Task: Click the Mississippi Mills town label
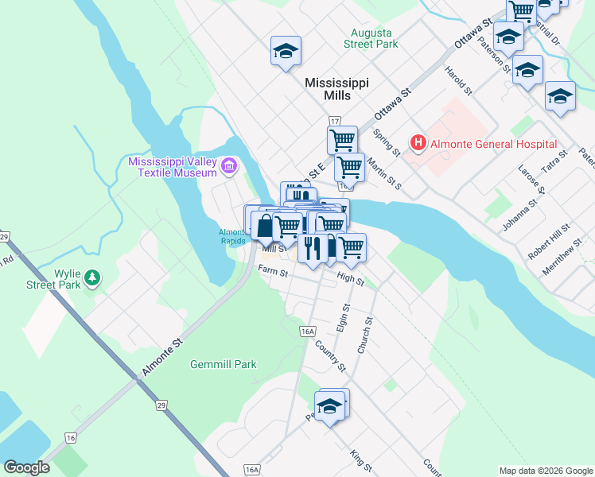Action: pos(338,88)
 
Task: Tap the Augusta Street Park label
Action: pos(371,39)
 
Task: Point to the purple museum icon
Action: pos(229,166)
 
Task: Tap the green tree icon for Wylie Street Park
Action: pos(94,277)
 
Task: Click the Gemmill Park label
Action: pos(224,364)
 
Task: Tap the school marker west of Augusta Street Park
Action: pos(286,52)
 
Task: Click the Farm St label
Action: pos(273,270)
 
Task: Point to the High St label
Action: pos(350,278)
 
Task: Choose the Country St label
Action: pos(330,356)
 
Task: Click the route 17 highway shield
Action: pos(334,121)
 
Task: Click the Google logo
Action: pos(26,467)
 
